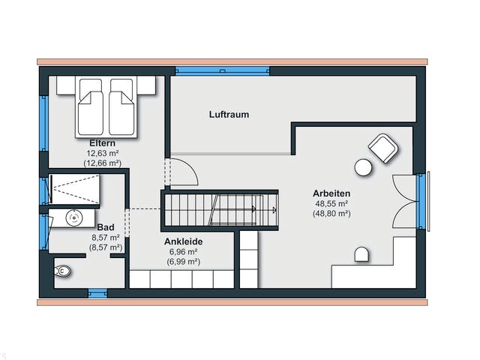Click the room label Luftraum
pyautogui.click(x=229, y=115)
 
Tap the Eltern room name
pyautogui.click(x=102, y=143)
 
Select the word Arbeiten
pyautogui.click(x=331, y=193)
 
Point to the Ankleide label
pyautogui.click(x=183, y=241)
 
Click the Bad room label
pyautogui.click(x=106, y=227)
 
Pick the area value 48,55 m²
pyautogui.click(x=331, y=203)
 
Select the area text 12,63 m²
pyautogui.click(x=103, y=153)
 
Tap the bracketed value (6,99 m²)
pyautogui.click(x=183, y=262)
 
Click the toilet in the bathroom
pyautogui.click(x=62, y=271)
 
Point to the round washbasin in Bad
pyautogui.click(x=74, y=217)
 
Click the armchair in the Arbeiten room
pyautogui.click(x=383, y=148)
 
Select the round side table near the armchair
pyautogui.click(x=363, y=167)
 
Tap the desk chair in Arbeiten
pyautogui.click(x=361, y=254)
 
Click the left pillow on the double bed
pyautogui.click(x=91, y=88)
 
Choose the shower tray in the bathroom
pyautogui.click(x=74, y=189)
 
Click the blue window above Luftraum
pyautogui.click(x=223, y=71)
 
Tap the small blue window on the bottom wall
pyautogui.click(x=97, y=293)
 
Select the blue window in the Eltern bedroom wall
pyautogui.click(x=43, y=123)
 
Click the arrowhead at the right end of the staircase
pyautogui.click(x=274, y=210)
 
